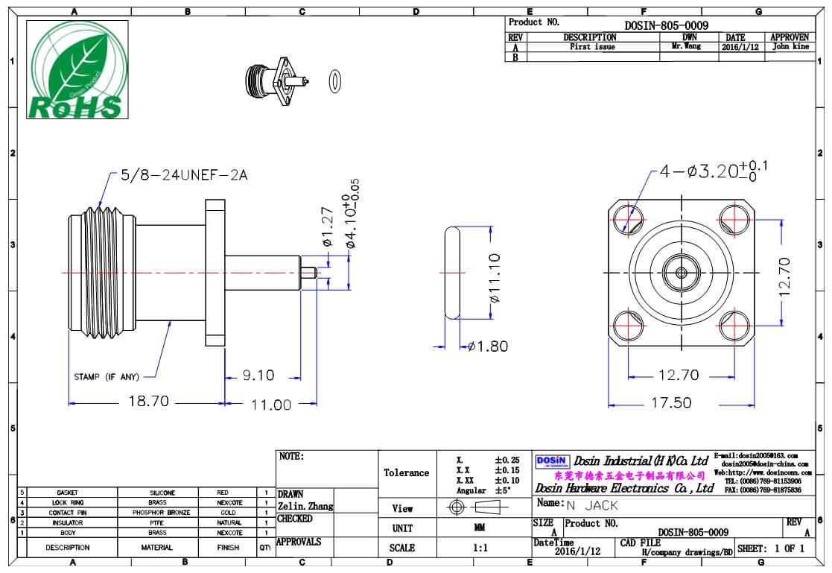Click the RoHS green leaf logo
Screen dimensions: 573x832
(77, 69)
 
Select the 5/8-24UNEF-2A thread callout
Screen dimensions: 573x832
(183, 175)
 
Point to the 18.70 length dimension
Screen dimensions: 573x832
(148, 402)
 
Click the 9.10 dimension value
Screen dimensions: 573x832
(258, 376)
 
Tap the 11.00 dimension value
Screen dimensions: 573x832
(270, 405)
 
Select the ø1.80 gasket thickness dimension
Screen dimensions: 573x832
(489, 346)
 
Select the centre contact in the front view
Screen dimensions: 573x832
(680, 272)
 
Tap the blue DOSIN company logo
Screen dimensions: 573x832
(552, 461)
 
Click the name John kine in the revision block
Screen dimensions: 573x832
(790, 46)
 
